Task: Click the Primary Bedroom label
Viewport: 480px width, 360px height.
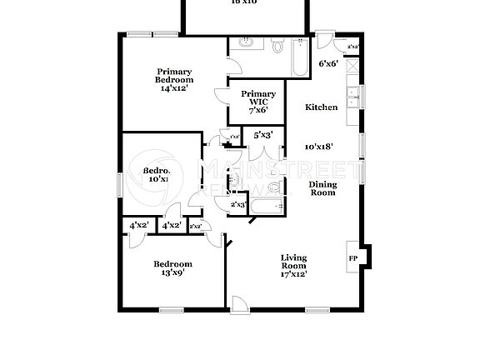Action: click(x=175, y=76)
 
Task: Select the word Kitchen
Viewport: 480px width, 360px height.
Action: click(x=321, y=107)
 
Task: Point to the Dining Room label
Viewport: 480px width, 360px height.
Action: click(x=322, y=188)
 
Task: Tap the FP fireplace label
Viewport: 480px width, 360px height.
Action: click(x=352, y=258)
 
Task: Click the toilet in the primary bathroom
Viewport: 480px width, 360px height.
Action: click(x=277, y=47)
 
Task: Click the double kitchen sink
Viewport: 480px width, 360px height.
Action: click(x=353, y=97)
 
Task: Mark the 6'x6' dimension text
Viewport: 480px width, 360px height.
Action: click(x=328, y=63)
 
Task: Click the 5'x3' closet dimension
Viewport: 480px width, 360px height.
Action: click(x=263, y=134)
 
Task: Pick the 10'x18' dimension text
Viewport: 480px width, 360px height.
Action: click(x=320, y=147)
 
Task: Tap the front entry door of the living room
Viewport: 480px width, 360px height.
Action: click(x=239, y=304)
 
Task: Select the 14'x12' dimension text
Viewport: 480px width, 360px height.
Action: click(x=175, y=88)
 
